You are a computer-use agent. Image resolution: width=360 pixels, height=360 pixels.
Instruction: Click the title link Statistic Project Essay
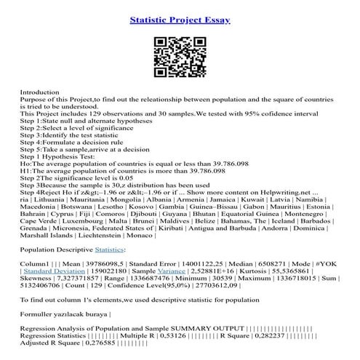pyautogui.click(x=180, y=19)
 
